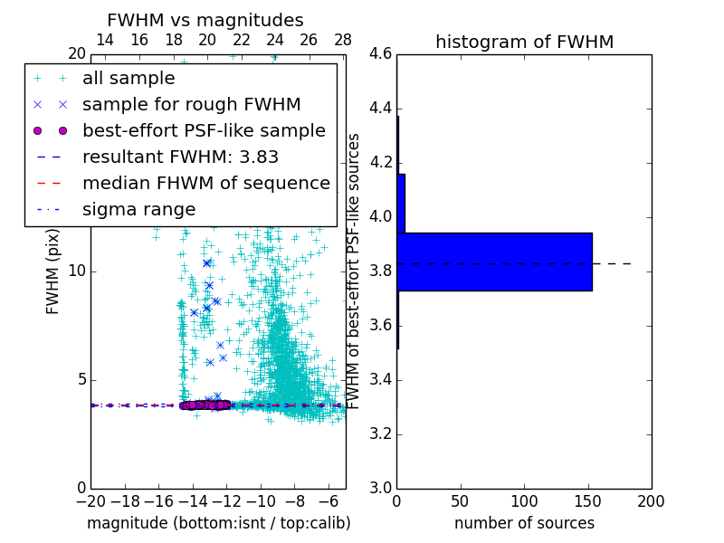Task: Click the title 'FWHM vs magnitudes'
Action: click(205, 20)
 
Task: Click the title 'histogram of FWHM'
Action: click(524, 42)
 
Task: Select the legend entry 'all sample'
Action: click(129, 79)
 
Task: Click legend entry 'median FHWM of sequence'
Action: click(205, 183)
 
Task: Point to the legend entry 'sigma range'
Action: click(138, 209)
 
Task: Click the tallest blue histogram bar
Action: click(494, 262)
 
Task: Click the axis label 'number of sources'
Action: click(524, 523)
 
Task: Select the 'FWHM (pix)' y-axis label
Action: click(53, 271)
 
